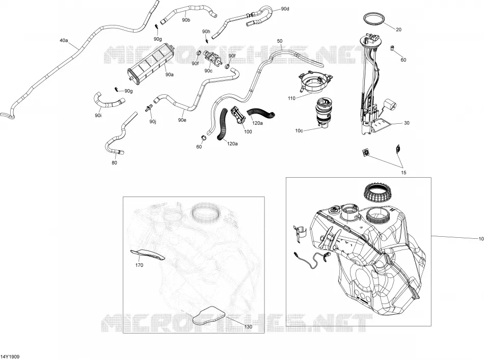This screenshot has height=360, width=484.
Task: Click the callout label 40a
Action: click(64, 40)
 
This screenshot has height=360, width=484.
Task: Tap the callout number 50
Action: click(280, 41)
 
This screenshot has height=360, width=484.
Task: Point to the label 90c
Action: click(208, 71)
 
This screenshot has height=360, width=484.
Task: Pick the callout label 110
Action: click(291, 98)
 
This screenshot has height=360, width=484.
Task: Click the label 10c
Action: click(299, 130)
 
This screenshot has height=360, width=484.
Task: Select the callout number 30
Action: click(407, 123)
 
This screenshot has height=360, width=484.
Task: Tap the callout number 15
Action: click(404, 173)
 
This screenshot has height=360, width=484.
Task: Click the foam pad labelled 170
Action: click(147, 254)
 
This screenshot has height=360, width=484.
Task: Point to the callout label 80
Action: click(114, 162)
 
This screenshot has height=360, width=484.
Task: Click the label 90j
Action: click(152, 122)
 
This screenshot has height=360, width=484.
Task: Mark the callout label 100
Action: click(248, 132)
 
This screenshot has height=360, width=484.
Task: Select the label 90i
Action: click(98, 116)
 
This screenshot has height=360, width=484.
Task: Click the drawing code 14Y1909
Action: click(11, 356)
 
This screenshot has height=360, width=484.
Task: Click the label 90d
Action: click(285, 9)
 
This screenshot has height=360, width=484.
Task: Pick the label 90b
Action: click(186, 20)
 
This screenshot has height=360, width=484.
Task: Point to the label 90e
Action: click(182, 120)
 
